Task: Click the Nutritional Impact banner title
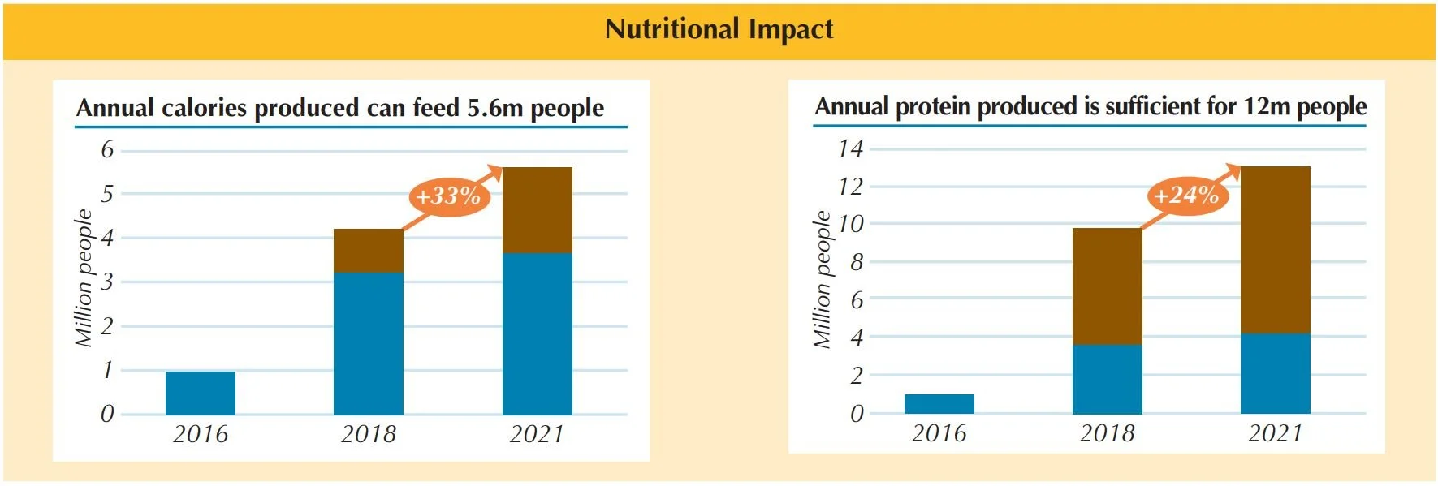point(719,30)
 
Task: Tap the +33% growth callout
point(448,196)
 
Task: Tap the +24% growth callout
point(1186,195)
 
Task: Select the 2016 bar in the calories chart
point(201,394)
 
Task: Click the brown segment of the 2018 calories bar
point(369,250)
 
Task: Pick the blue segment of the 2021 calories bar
point(538,333)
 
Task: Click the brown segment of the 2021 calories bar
point(538,210)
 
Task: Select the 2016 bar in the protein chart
point(939,404)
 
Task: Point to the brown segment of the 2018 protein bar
point(1108,286)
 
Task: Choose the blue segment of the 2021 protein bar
point(1276,373)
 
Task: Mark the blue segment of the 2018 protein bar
point(1108,379)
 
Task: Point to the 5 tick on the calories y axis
point(107,194)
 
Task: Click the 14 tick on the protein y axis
point(851,148)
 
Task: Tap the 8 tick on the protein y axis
point(857,262)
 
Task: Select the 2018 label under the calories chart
point(369,434)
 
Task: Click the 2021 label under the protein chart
point(1275,433)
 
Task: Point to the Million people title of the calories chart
point(84,278)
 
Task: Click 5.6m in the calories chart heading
point(494,108)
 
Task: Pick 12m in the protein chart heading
point(1266,106)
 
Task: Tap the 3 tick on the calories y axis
point(107,282)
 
